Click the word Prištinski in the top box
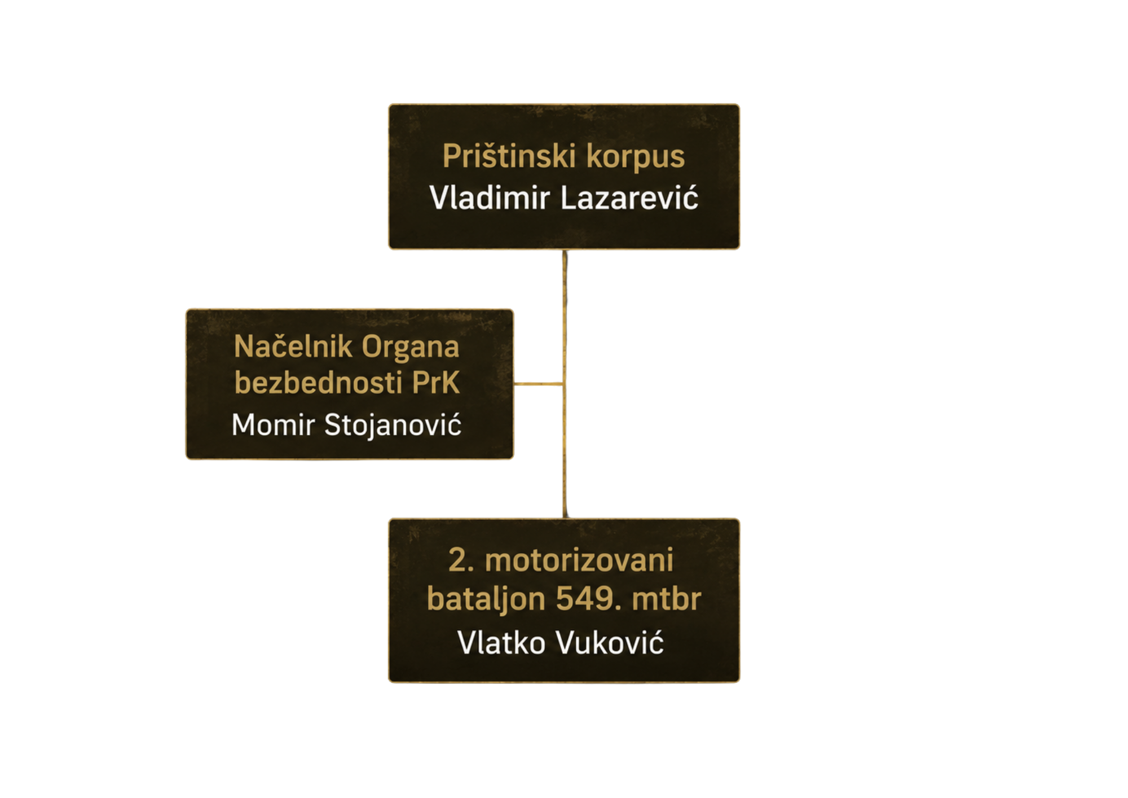509,156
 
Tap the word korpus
636,157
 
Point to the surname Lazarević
629,198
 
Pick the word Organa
411,347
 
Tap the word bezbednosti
318,383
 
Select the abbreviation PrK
436,383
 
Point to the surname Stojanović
393,425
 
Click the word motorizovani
579,560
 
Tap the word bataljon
486,599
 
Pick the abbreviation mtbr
666,598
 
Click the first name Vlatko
501,642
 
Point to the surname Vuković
610,642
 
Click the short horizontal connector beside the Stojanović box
539,384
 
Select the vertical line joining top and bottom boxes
565,384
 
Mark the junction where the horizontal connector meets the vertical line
564,384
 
